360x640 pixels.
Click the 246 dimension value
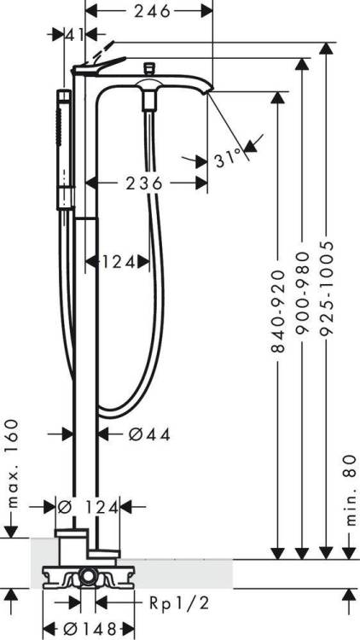tap(152, 11)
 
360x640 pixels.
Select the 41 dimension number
tap(75, 35)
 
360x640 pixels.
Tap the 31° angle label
tap(228, 158)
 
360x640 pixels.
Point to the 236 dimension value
tap(143, 183)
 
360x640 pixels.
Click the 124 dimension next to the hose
tap(119, 262)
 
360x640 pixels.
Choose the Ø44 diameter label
tap(149, 434)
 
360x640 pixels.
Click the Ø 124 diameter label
tap(88, 508)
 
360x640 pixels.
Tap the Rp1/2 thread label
tap(179, 602)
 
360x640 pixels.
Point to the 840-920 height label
tap(277, 311)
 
